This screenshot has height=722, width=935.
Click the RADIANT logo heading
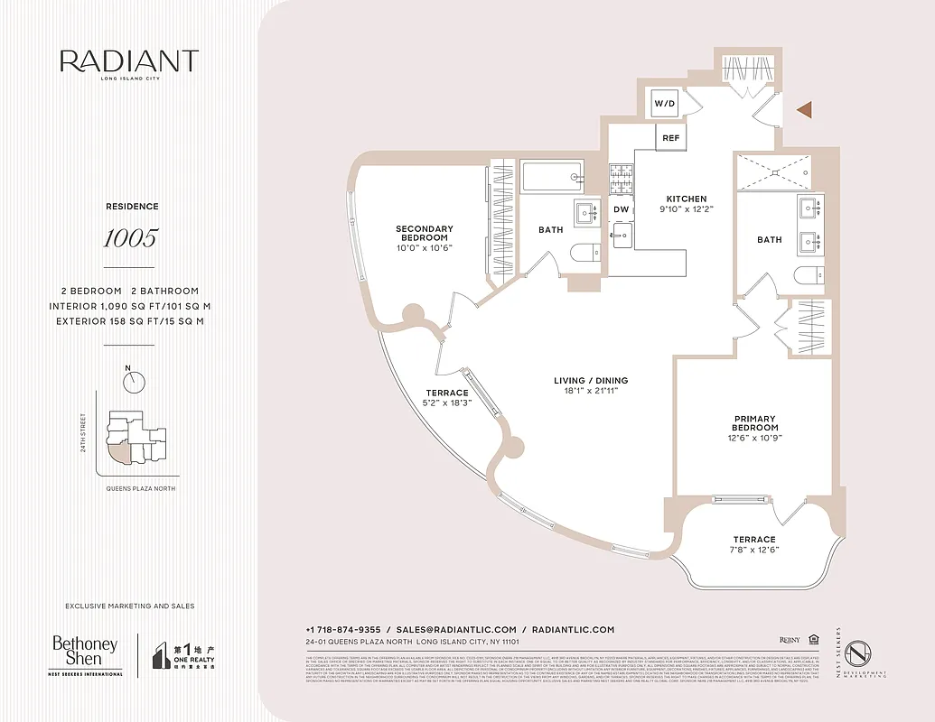[x=129, y=62]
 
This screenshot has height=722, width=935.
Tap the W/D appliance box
[x=665, y=104]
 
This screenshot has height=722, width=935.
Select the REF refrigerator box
[x=670, y=138]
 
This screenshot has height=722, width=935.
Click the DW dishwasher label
[x=621, y=209]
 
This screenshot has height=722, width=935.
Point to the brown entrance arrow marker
[x=804, y=109]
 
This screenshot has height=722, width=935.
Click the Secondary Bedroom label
[x=424, y=233]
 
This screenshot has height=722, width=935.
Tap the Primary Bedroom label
[x=755, y=422]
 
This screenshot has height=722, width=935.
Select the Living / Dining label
[x=591, y=381]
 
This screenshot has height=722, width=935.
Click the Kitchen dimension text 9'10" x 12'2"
[x=687, y=209]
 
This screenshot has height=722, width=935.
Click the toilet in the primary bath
[x=806, y=275]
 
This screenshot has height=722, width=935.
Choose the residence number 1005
[x=129, y=238]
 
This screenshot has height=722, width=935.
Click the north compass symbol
[x=135, y=383]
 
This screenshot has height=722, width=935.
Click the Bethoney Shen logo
[x=85, y=652]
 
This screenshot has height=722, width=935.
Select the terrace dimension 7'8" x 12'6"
[x=755, y=550]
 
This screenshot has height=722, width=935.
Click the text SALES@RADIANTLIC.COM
[x=456, y=630]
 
